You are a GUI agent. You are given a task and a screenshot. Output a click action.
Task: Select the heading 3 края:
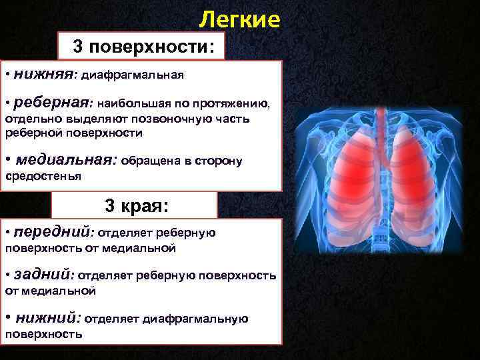coord(134,205)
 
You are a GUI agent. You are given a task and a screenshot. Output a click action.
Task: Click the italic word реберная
coord(52,103)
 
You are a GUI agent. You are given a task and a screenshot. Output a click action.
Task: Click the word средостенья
coord(43,176)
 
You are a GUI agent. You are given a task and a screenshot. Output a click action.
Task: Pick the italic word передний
coord(53,232)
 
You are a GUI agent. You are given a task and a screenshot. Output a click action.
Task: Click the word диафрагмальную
coord(200,319)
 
